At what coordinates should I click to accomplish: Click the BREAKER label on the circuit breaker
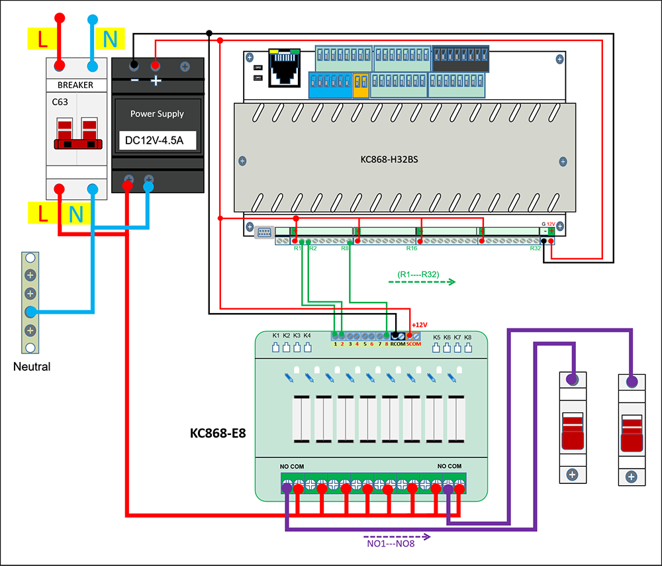tap(75, 85)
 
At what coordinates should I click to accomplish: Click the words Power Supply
tap(157, 114)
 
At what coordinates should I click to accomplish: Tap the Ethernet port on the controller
tap(285, 66)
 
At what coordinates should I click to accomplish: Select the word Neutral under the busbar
tap(32, 366)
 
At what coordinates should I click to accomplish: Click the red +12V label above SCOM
tap(419, 325)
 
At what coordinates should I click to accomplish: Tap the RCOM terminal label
tap(397, 344)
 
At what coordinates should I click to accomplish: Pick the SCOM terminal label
tap(414, 344)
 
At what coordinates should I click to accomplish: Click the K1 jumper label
tap(276, 336)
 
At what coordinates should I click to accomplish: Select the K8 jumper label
tap(468, 338)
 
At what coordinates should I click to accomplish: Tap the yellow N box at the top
tap(110, 40)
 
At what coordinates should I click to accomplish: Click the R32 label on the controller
tap(536, 248)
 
